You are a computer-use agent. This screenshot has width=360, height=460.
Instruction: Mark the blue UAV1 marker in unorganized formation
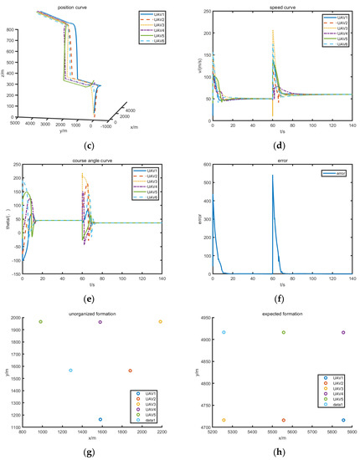tap(100, 420)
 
